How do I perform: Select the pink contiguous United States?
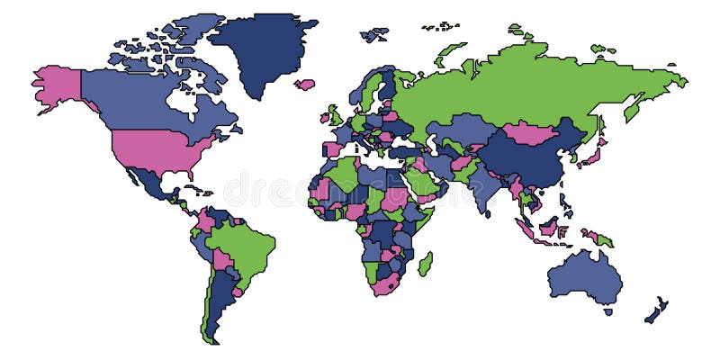pyautogui.click(x=157, y=148)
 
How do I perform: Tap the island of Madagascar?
pyautogui.click(x=425, y=264)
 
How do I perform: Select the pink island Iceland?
pyautogui.click(x=305, y=85)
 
